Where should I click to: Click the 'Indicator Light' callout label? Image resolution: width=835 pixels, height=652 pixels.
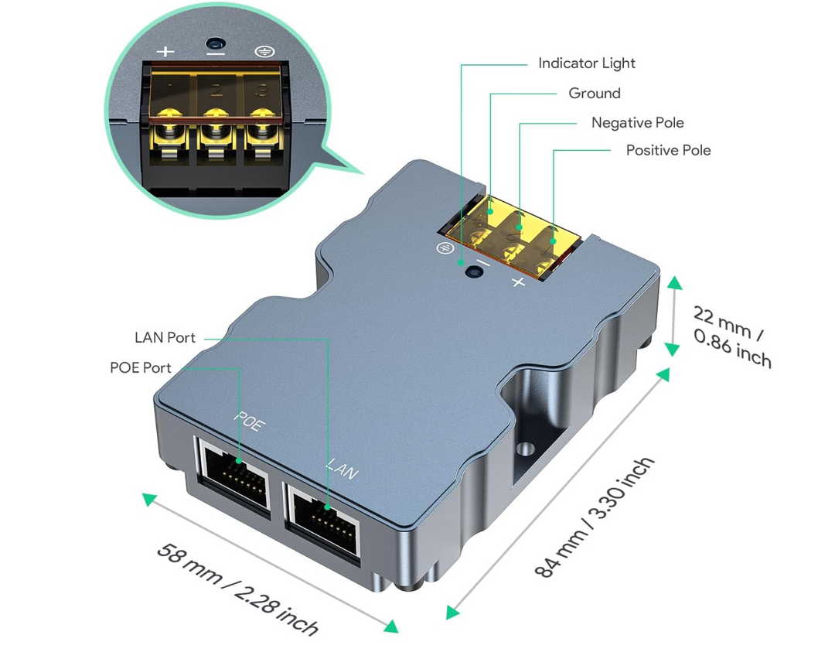[x=587, y=63]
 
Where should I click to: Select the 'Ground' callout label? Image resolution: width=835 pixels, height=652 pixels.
[x=595, y=94]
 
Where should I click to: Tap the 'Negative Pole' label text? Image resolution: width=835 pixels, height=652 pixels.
[x=637, y=123]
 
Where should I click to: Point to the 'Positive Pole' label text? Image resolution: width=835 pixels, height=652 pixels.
[x=668, y=150]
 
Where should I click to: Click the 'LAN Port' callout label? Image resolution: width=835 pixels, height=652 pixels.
[x=165, y=338]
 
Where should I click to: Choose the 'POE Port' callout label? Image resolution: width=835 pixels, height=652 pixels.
[x=141, y=367]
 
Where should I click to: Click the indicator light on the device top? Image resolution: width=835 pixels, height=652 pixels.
[x=469, y=271]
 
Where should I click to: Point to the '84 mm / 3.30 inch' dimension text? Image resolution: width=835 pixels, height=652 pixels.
[x=595, y=517]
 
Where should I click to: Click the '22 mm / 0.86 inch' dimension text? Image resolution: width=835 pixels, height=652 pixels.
[x=731, y=336]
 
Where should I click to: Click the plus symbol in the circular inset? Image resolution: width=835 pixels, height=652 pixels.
[x=165, y=53]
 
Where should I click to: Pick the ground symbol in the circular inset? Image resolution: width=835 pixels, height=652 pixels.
[x=263, y=53]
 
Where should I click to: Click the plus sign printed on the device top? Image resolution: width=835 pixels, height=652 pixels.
[x=518, y=282]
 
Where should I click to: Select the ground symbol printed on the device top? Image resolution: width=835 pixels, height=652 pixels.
[x=445, y=248]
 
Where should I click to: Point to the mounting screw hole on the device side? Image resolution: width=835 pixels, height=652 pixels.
[x=527, y=449]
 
